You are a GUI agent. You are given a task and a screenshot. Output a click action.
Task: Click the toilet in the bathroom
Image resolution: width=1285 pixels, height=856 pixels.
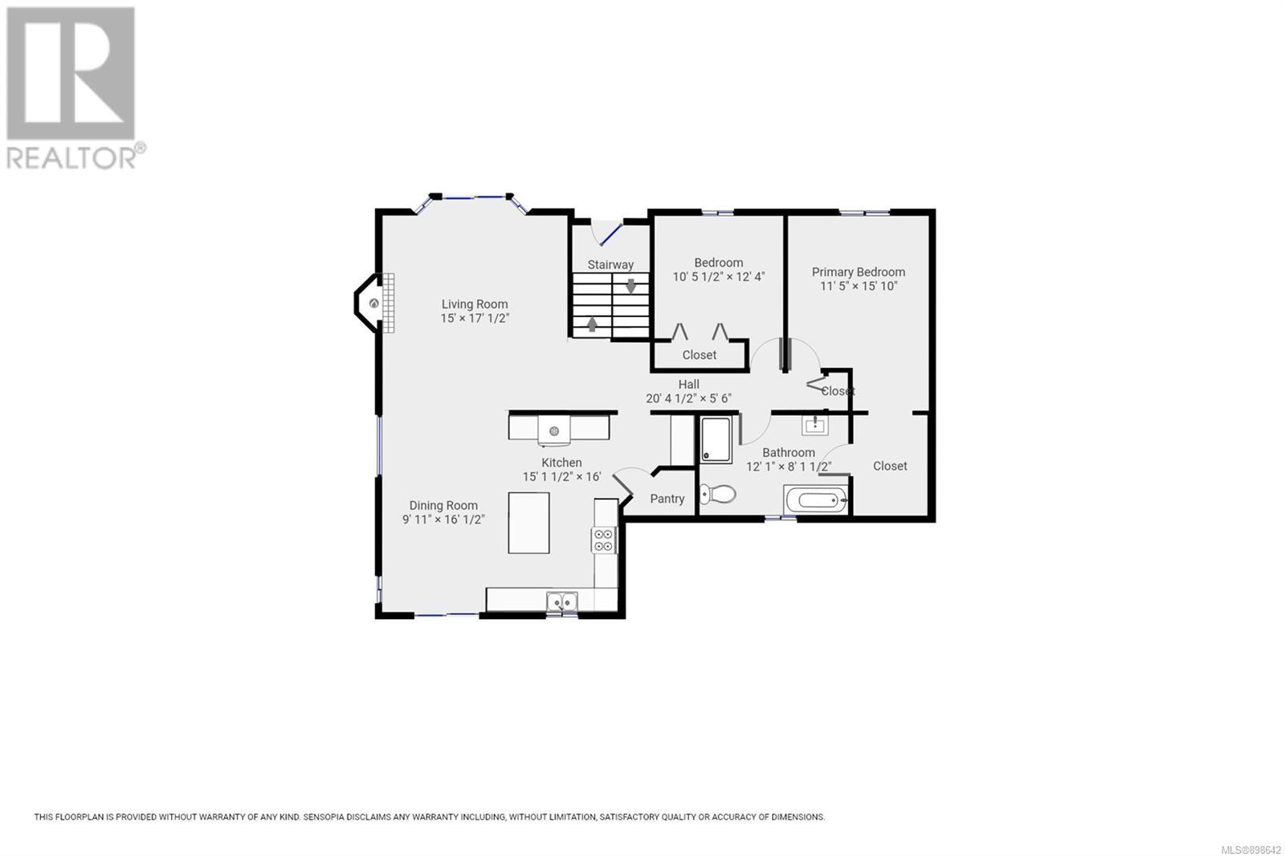717,493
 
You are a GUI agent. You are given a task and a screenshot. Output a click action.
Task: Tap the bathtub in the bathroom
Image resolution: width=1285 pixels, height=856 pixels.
815,499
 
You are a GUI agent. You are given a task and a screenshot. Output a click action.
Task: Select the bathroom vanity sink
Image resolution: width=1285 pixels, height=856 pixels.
814,425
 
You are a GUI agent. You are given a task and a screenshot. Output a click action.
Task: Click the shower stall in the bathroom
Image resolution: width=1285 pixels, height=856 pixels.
716,439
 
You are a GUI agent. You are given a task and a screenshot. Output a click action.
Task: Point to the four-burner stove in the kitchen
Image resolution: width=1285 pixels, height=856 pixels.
603,540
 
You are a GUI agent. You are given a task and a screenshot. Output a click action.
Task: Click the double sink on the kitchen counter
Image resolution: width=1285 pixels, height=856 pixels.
561,601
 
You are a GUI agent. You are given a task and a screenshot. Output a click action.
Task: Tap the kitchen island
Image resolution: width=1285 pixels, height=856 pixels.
528,523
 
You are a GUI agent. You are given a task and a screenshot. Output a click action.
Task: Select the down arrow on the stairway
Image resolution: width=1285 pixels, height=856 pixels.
630,286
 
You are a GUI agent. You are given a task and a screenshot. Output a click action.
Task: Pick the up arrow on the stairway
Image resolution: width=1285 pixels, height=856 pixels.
592,324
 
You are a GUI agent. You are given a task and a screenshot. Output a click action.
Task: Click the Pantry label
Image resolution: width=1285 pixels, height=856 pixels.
667,499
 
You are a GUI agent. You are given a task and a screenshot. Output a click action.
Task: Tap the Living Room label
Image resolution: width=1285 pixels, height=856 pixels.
475,304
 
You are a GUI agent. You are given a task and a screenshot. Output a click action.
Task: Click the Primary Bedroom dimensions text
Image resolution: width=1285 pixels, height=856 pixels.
859,286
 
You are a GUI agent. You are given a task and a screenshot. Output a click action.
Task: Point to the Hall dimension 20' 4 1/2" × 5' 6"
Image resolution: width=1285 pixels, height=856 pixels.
688,398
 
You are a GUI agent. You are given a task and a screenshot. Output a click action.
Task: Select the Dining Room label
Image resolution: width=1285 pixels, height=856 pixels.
443,505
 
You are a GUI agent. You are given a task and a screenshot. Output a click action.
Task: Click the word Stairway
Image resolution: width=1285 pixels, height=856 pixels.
610,264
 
